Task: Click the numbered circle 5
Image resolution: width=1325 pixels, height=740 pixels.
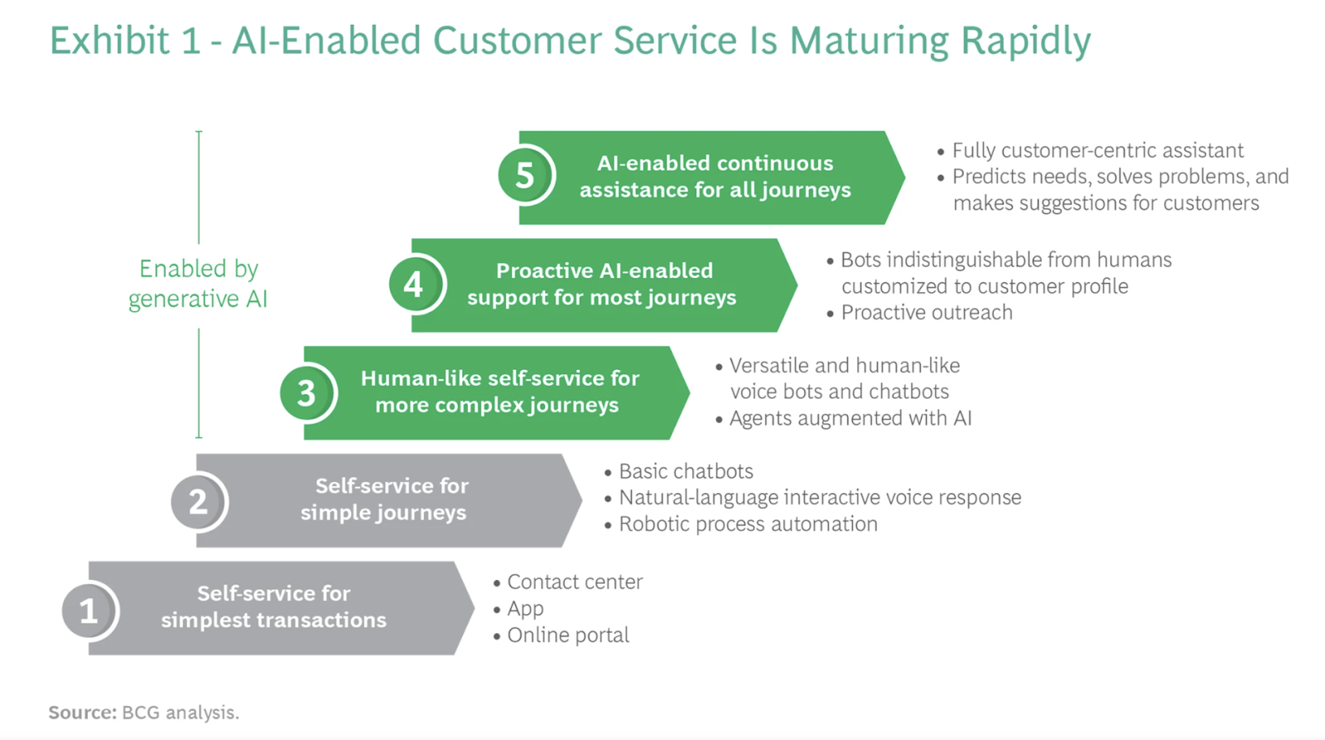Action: point(525,175)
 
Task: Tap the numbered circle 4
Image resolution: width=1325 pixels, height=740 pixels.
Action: point(414,285)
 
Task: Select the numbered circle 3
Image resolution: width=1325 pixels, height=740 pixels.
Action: point(306,392)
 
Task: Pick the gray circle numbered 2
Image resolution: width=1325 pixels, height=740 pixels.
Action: point(198,501)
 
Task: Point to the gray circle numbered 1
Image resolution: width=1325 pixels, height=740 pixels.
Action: point(89,611)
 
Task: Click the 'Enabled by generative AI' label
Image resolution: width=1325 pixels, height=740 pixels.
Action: point(198,283)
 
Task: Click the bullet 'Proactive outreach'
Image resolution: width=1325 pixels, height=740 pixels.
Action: point(926,313)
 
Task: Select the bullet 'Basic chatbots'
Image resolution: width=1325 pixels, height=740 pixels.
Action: point(686,472)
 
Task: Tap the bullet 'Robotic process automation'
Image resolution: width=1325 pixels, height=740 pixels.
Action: point(748,525)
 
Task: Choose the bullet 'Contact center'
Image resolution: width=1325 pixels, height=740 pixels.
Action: point(575,583)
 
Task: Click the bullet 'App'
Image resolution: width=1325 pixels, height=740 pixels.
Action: point(525,609)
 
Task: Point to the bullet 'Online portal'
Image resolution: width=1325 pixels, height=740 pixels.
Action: point(568,636)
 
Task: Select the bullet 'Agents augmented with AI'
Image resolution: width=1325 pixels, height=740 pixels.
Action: point(850,419)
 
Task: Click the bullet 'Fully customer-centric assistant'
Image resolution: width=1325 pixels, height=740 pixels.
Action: point(1097,151)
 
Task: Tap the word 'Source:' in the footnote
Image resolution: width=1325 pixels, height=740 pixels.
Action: point(82,713)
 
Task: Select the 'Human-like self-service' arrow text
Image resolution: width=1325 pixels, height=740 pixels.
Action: point(499,392)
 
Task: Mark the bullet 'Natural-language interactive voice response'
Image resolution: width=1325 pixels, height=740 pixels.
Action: point(820,498)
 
